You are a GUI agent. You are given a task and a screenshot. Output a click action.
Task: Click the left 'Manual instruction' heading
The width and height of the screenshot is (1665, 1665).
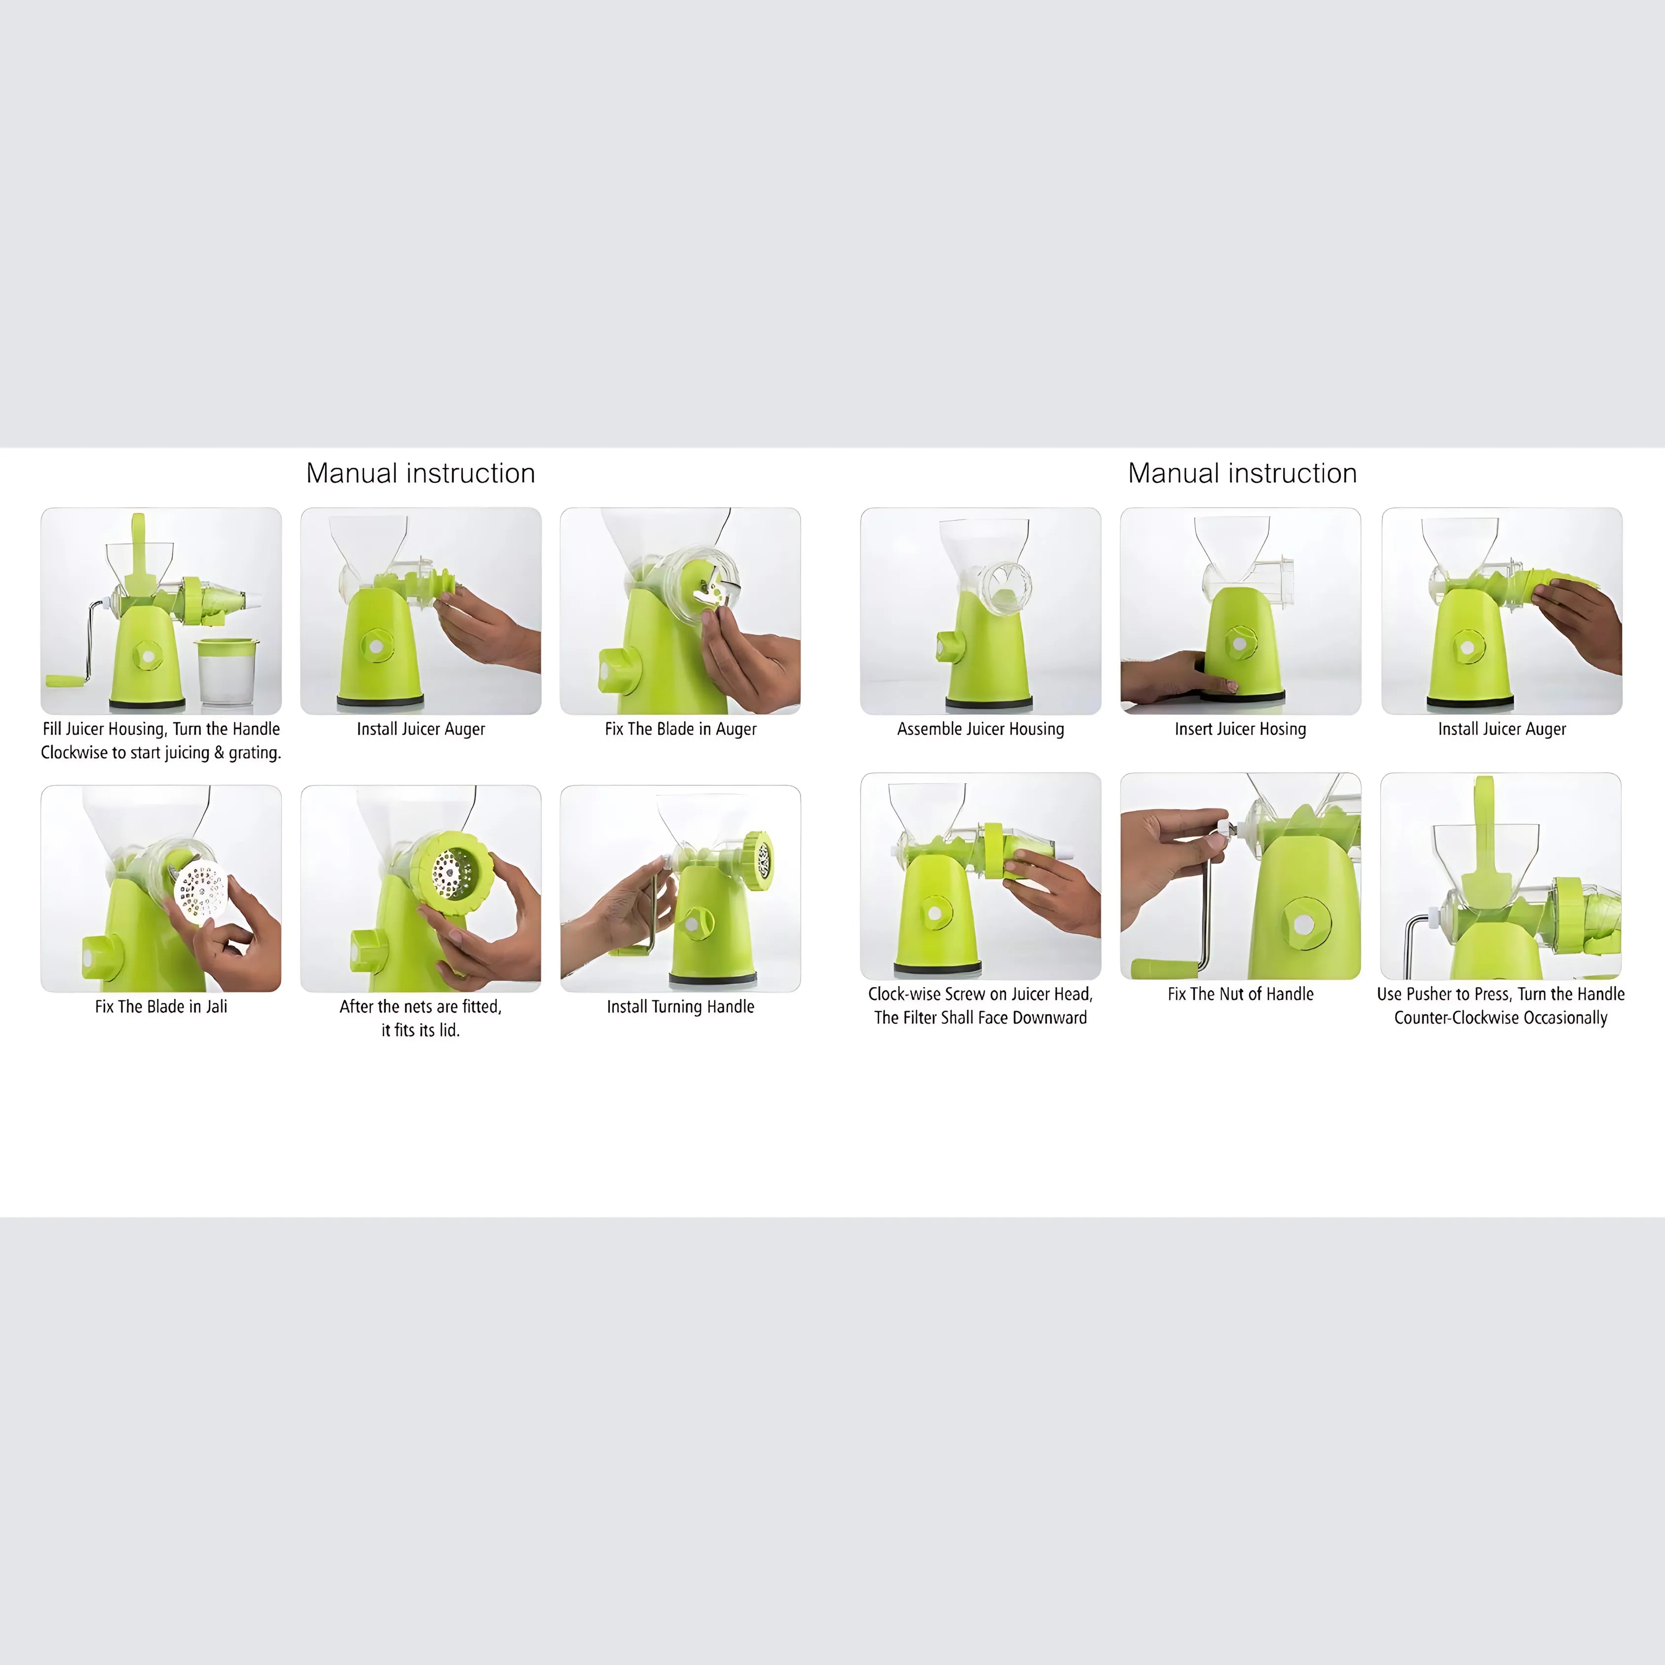pyautogui.click(x=420, y=473)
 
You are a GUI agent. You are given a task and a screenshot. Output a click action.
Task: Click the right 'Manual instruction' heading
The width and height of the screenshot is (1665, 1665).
pyautogui.click(x=1242, y=473)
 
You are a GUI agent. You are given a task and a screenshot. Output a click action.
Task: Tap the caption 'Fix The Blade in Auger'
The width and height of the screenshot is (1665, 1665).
pyautogui.click(x=680, y=729)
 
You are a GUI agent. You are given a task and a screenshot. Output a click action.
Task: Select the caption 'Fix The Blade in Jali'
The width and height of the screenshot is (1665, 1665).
pyautogui.click(x=161, y=1006)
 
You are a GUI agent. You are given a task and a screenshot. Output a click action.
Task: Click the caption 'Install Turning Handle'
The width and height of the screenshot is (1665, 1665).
pyautogui.click(x=680, y=1006)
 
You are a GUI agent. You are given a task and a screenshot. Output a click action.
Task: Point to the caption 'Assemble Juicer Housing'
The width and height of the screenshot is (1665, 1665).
pyautogui.click(x=980, y=729)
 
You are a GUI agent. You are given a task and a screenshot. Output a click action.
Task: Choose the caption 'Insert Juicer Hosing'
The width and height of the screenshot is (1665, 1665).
pyautogui.click(x=1240, y=729)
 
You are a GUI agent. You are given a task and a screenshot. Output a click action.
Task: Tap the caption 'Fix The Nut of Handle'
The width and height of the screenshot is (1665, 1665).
pyautogui.click(x=1240, y=994)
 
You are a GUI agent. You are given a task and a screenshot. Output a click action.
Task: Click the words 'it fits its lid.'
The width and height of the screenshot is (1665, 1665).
pyautogui.click(x=420, y=1030)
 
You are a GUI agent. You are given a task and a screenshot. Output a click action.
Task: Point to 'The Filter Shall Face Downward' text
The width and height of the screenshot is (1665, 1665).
pyautogui.click(x=980, y=1018)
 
